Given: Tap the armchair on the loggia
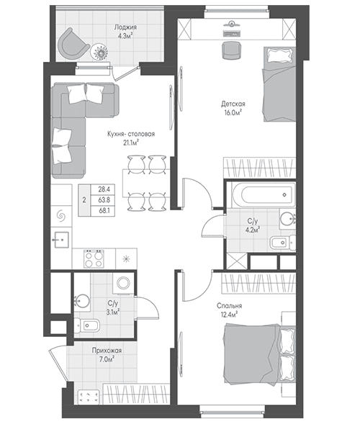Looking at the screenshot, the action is click(73, 44).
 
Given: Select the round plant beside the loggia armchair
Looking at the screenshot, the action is click(99, 52).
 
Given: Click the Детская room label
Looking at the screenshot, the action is click(233, 104).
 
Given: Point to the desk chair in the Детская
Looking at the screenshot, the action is click(232, 50).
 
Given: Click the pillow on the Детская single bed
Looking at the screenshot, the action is click(279, 55).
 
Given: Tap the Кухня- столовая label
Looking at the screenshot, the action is click(131, 134).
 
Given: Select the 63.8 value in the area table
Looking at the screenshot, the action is click(104, 200).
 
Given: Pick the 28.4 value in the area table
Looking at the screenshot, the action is click(104, 189).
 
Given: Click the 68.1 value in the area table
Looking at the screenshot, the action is click(104, 211).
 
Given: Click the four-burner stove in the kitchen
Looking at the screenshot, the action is click(94, 258).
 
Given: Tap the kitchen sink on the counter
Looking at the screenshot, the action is click(61, 240).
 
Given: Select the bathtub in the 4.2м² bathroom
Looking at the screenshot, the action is click(264, 195).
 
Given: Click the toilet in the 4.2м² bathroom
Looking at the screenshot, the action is click(283, 243).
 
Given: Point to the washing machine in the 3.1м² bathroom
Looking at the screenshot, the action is click(123, 283).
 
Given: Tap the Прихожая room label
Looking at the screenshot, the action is click(107, 351).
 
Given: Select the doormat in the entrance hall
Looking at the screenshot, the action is click(89, 397).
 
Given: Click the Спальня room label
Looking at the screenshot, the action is click(230, 306).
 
